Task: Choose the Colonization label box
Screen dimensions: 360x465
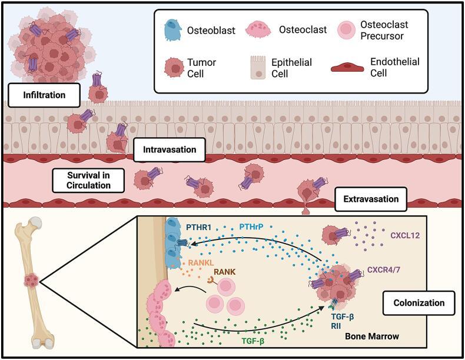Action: [x=418, y=304]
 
